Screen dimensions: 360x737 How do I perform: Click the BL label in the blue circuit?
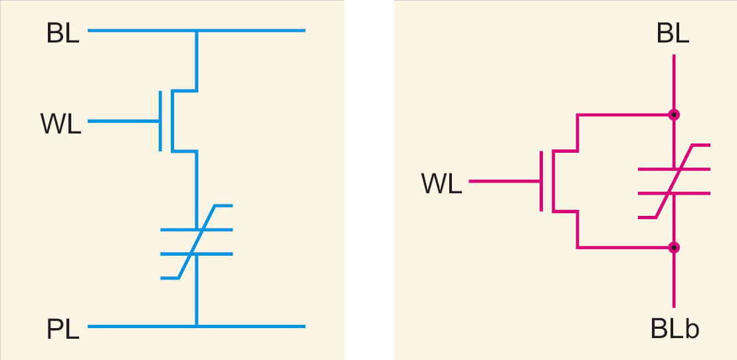(62, 34)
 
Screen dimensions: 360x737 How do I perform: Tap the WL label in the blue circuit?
(60, 124)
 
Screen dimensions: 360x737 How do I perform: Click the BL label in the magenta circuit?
(672, 34)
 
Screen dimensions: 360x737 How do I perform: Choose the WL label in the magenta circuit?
(441, 184)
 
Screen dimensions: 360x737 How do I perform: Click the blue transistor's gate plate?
(161, 121)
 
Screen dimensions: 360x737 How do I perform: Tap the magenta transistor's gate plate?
(542, 181)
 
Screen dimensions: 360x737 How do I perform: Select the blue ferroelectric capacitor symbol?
(197, 242)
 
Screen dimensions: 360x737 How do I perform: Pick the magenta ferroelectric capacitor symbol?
(674, 181)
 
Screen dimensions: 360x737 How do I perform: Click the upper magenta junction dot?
(674, 115)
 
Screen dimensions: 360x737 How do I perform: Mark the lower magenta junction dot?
(674, 248)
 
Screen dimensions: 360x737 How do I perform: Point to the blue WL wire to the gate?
(124, 121)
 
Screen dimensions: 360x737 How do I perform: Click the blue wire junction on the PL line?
(197, 326)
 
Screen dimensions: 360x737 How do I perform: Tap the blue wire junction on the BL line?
(197, 31)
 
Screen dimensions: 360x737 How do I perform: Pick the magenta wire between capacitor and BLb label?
(674, 279)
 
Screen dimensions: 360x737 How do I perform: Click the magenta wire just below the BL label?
(674, 80)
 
